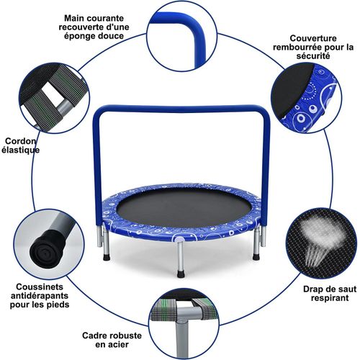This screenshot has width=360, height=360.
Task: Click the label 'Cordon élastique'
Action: pyautogui.click(x=22, y=145)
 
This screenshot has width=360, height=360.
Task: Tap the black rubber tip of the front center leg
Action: pyautogui.click(x=180, y=273)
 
